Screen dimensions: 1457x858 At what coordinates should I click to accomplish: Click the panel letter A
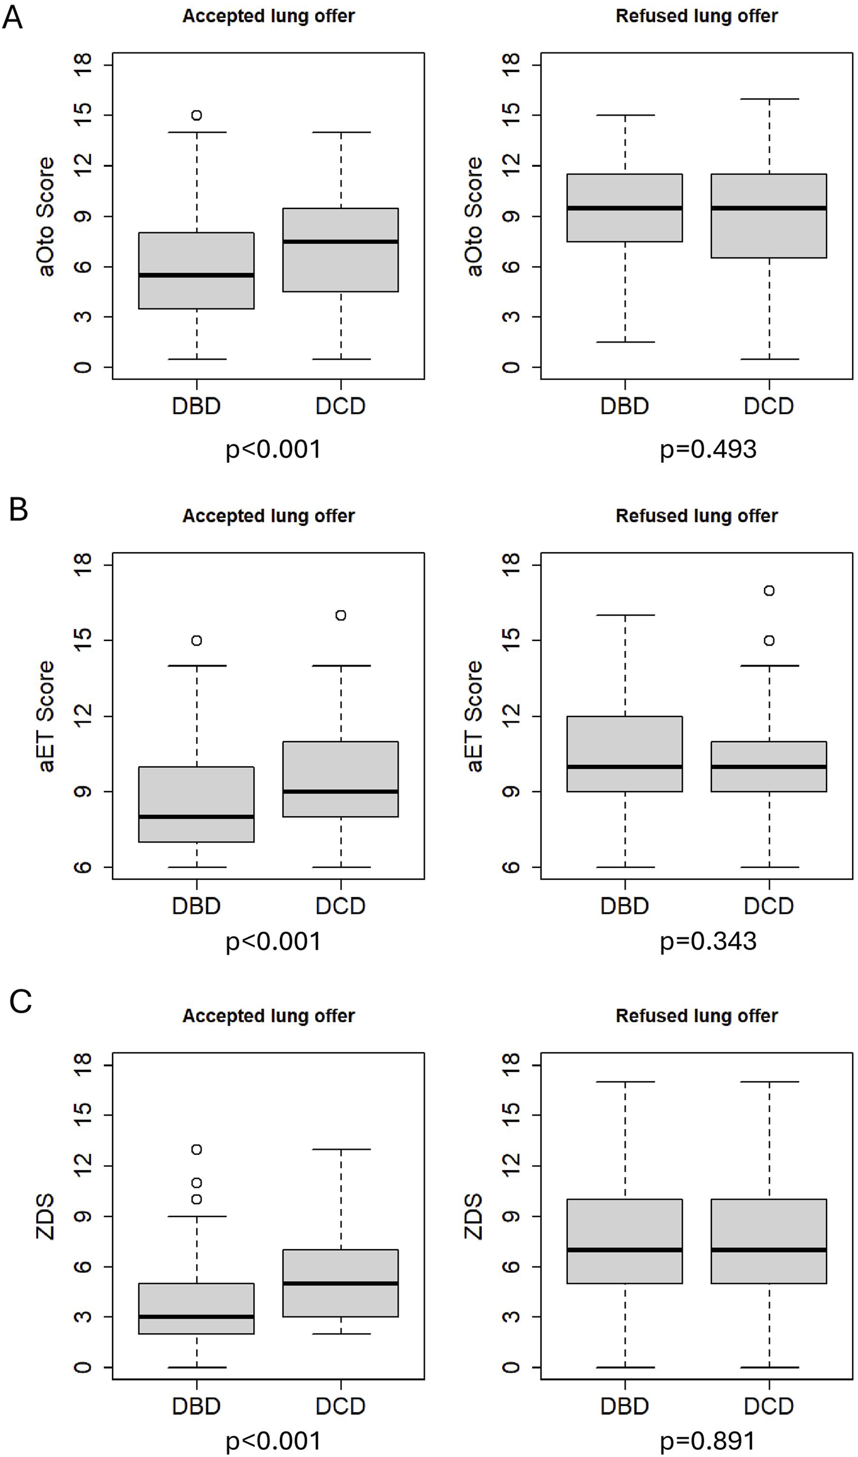[13, 17]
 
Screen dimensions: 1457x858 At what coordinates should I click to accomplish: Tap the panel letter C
[20, 1001]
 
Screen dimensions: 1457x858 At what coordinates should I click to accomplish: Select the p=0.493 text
[708, 449]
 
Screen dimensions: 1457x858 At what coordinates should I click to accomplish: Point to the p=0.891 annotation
[708, 1440]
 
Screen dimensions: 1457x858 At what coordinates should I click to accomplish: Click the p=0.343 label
[708, 941]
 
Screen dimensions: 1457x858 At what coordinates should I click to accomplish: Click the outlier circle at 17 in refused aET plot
[769, 591]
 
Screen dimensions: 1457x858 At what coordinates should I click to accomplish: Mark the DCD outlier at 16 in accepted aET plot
[341, 615]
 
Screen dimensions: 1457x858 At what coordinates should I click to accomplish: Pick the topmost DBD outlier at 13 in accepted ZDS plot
[197, 1149]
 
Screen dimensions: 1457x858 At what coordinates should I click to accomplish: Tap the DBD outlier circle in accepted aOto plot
[197, 115]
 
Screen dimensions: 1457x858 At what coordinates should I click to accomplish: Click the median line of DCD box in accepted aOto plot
[341, 241]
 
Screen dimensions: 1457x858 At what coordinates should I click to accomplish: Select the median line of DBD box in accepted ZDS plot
[197, 1316]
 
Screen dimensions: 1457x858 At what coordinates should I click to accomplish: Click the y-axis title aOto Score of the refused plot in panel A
[474, 216]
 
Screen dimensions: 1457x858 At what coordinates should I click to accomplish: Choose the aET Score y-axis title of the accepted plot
[46, 716]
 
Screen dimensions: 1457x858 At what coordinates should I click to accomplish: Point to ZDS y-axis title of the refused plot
[474, 1216]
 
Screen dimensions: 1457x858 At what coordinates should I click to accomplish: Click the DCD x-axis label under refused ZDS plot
[769, 1406]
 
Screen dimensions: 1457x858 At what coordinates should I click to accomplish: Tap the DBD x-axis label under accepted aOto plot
[197, 406]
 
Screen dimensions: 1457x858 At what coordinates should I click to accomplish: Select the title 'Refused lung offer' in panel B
[697, 516]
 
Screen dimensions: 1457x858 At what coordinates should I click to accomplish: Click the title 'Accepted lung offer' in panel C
[268, 1016]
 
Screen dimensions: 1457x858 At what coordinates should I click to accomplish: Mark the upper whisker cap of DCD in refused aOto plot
[769, 99]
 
